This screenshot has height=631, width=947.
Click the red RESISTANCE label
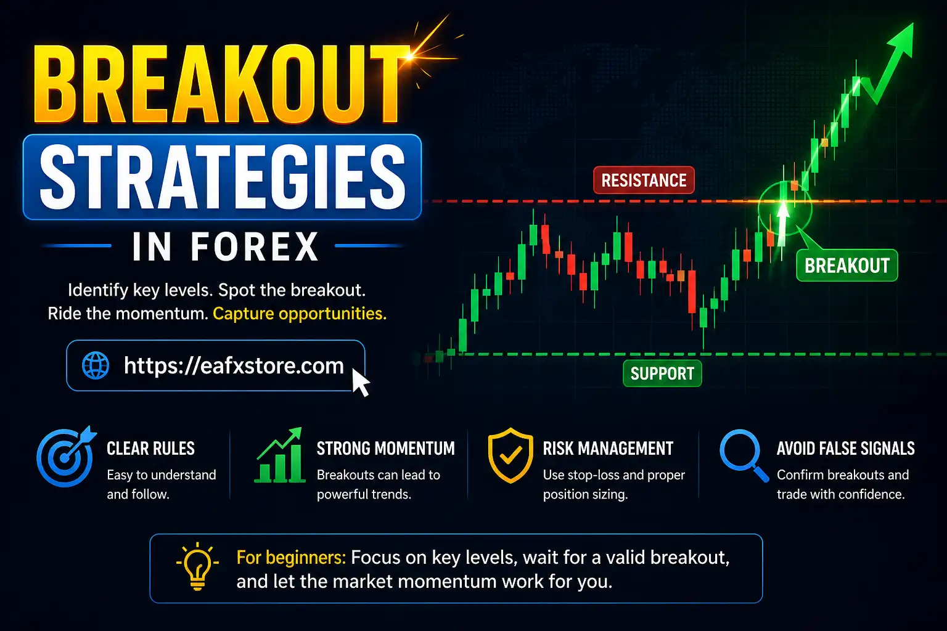click(x=644, y=181)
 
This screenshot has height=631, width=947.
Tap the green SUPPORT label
click(x=662, y=373)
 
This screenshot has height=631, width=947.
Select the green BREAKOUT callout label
click(x=847, y=266)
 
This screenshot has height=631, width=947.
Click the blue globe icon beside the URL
click(x=96, y=365)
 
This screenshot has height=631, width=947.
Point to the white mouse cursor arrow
click(x=360, y=382)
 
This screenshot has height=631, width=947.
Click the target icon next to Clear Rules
click(x=65, y=457)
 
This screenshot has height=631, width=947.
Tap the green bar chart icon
click(x=280, y=456)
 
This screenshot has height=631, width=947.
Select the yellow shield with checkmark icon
click(x=510, y=457)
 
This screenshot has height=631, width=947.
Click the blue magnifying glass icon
click(x=742, y=455)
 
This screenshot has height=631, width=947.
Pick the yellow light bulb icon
click(x=197, y=566)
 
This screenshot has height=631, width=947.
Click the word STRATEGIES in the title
click(x=223, y=177)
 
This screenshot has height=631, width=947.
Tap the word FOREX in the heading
click(x=254, y=247)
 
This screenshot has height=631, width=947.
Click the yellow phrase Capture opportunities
click(x=300, y=314)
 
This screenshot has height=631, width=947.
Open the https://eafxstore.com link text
click(x=234, y=365)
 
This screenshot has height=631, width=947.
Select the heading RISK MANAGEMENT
click(x=608, y=449)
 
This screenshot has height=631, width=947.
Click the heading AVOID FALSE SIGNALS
click(x=845, y=449)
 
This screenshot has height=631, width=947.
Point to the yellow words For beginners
click(x=290, y=558)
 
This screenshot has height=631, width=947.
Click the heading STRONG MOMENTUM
click(x=385, y=449)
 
